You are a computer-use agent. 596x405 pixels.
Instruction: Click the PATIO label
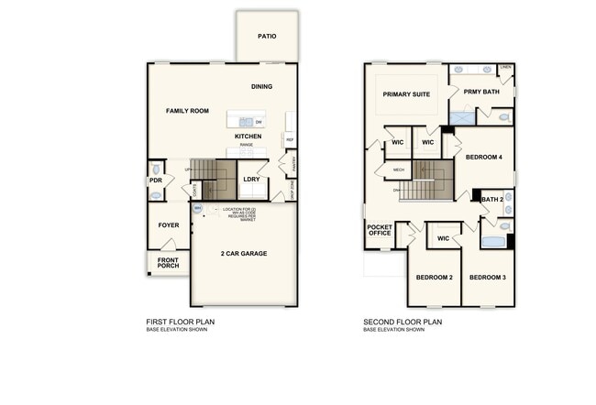266,37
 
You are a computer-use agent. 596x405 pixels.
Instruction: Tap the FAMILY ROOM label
187,111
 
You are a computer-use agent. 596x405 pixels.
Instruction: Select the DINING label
262,87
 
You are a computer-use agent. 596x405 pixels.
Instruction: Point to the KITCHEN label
248,137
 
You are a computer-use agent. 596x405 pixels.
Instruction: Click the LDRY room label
251,179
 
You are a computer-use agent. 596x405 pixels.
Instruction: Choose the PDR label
155,181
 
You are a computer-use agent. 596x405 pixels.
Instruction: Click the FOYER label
169,224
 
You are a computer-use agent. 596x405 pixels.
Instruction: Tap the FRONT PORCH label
169,262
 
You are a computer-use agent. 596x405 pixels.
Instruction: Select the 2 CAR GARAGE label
244,253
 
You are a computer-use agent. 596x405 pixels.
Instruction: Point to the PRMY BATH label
481,92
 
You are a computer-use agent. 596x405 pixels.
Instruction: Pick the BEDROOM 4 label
484,158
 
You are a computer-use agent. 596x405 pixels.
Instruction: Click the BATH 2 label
492,199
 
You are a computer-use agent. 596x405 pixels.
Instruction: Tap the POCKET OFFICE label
380,229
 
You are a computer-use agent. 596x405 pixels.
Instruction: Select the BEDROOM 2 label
434,277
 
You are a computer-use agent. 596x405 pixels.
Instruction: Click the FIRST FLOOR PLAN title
181,322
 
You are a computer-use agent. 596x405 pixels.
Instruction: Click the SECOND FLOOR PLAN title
403,322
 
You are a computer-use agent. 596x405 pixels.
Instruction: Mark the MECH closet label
399,170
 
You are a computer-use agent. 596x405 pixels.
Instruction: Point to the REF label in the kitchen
290,140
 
